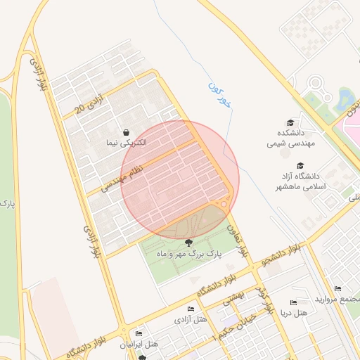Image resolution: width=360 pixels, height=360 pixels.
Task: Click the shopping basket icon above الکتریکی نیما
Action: point(126,132)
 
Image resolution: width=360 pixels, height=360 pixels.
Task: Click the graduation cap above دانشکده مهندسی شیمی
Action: point(289,122)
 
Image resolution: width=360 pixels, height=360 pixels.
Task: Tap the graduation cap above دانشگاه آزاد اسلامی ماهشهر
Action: point(300,165)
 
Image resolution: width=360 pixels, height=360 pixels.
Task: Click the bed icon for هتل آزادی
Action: point(191,309)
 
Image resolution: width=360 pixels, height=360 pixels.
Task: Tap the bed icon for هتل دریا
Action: point(293,302)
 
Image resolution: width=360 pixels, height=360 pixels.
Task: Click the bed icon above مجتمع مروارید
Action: point(337,288)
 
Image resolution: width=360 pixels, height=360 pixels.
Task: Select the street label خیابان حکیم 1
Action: point(232,326)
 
